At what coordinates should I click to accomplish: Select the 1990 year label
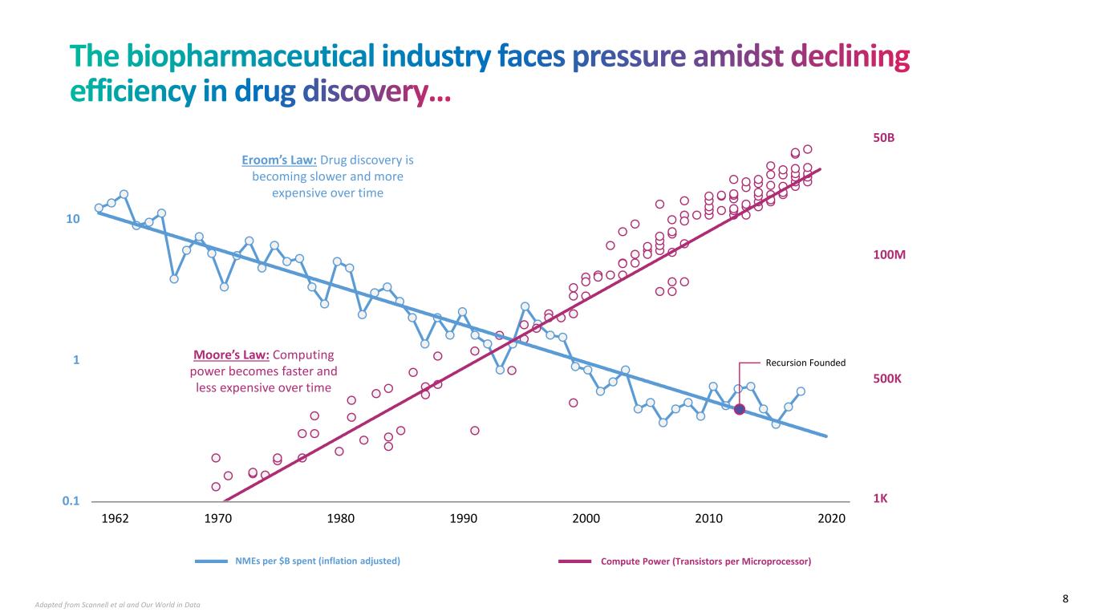click(464, 518)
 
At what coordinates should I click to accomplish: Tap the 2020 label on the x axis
click(832, 518)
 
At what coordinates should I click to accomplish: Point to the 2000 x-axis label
click(586, 518)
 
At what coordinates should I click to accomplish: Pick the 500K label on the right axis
click(887, 378)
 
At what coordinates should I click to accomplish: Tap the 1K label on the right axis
click(880, 498)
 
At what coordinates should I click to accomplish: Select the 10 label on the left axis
click(73, 219)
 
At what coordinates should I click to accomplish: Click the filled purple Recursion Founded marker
click(740, 409)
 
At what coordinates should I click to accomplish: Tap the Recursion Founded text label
click(805, 363)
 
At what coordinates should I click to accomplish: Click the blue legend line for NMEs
click(213, 561)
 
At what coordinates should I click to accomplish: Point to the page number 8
click(1065, 598)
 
